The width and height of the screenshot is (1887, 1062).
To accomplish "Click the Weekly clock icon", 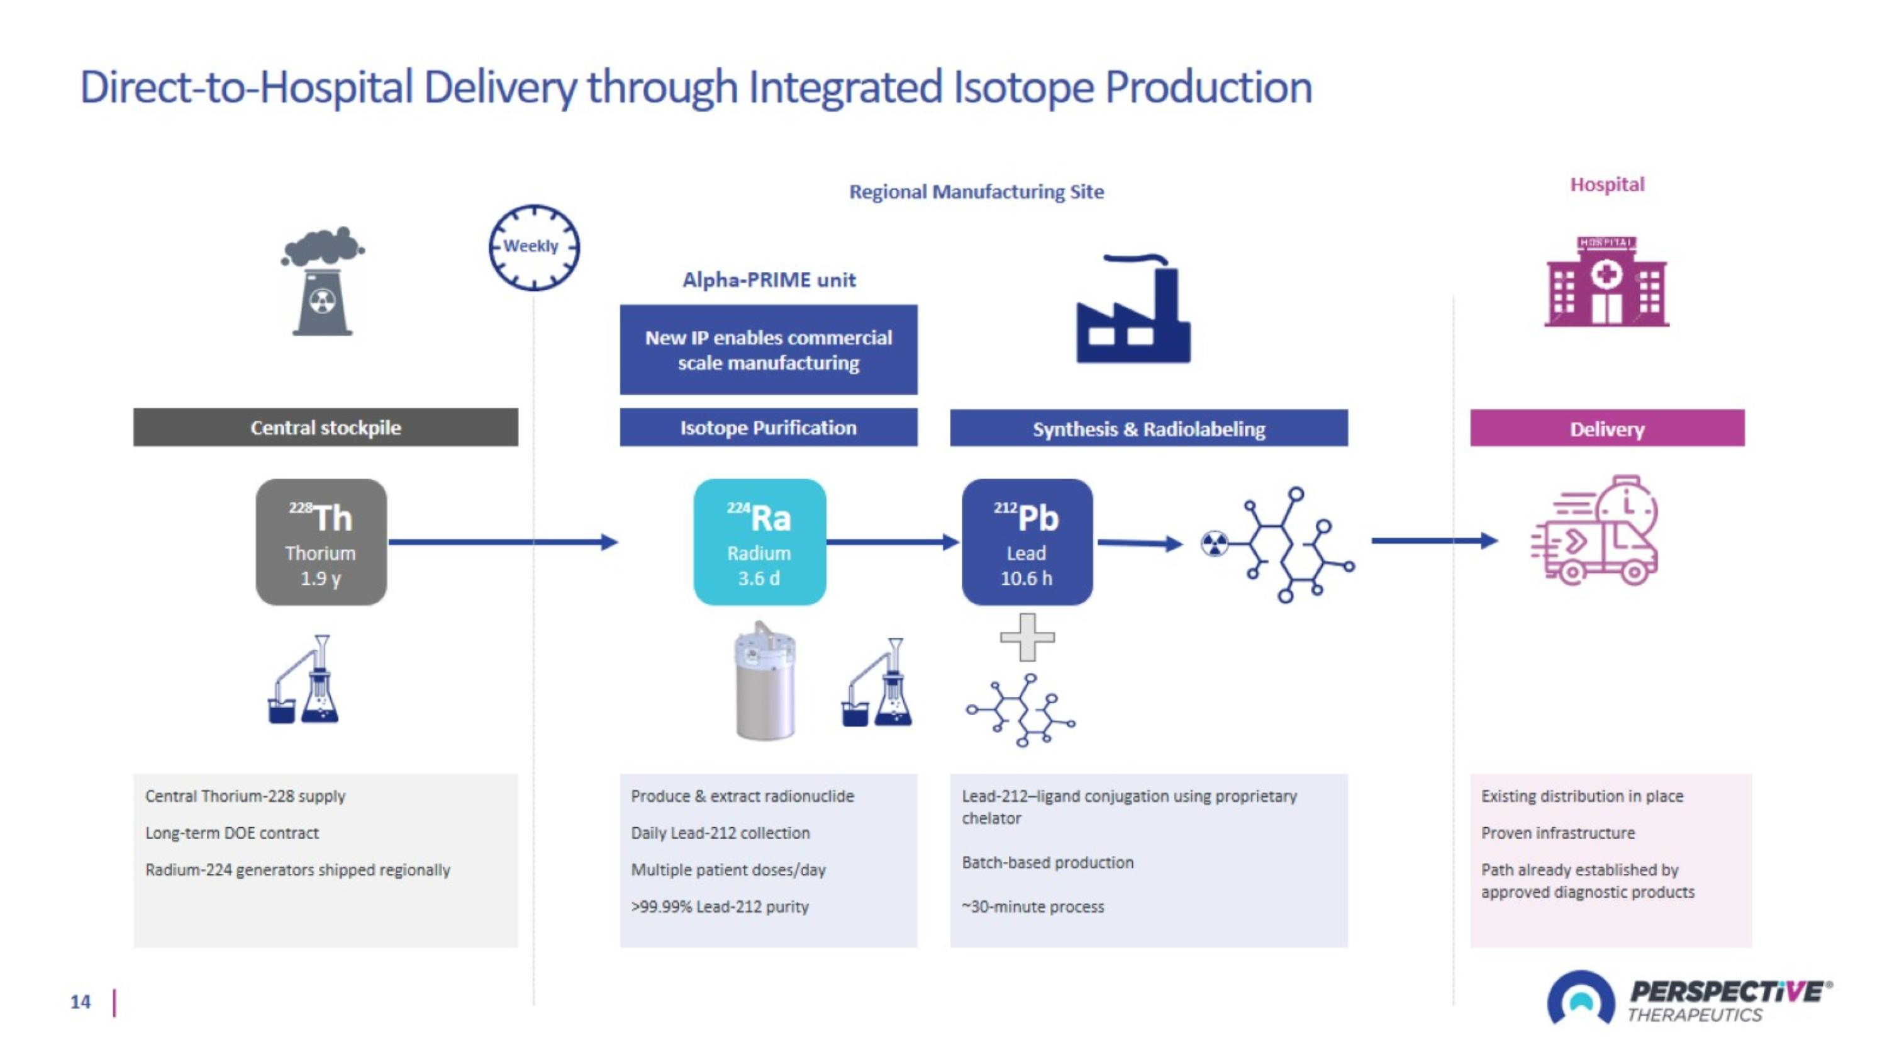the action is (x=534, y=247).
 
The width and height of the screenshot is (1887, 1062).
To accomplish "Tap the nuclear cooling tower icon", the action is (x=322, y=281).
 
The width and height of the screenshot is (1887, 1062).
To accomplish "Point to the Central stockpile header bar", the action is (x=325, y=427).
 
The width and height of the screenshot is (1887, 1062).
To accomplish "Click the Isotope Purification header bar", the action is (x=769, y=427).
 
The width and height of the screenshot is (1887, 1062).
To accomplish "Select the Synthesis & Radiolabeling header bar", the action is (x=1149, y=428).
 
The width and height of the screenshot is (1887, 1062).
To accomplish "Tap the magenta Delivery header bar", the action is (x=1607, y=428).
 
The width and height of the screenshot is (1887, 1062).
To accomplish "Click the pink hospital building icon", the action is (x=1606, y=281).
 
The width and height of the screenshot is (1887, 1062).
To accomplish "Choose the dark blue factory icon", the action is (x=1133, y=308).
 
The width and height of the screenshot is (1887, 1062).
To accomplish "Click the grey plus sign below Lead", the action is (x=1027, y=637).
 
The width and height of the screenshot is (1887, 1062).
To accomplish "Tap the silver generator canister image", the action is (x=765, y=680).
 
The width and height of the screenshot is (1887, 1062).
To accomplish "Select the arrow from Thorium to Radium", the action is (x=503, y=543).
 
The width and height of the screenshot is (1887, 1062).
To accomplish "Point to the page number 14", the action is (x=81, y=1002).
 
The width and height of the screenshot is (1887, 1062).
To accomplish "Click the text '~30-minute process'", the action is (x=1033, y=907).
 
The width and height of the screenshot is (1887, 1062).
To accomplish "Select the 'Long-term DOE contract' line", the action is (x=232, y=833).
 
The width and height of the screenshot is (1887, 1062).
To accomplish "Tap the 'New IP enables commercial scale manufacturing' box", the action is (x=769, y=349).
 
